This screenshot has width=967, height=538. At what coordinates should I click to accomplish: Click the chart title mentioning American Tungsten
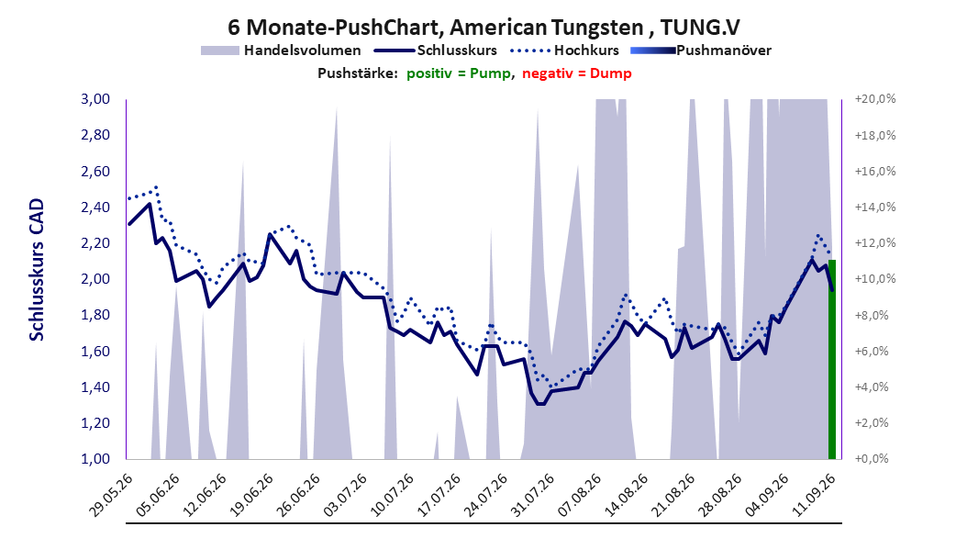(x=483, y=28)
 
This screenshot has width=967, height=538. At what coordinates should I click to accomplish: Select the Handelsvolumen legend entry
(x=281, y=50)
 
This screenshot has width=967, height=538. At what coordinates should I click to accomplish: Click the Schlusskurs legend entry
(x=436, y=50)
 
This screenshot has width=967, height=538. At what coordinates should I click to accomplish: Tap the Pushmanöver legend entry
(x=701, y=50)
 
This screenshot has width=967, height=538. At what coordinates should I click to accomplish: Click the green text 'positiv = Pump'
(x=458, y=73)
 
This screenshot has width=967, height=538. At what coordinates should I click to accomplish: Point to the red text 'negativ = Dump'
(x=577, y=73)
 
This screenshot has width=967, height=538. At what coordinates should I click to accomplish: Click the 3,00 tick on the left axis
(x=95, y=99)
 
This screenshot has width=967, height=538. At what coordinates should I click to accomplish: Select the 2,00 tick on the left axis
(x=95, y=279)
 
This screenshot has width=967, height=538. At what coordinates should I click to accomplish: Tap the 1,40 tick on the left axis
(x=95, y=387)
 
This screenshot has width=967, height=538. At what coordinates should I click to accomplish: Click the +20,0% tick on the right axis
(x=875, y=99)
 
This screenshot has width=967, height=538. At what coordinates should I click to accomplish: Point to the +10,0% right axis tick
(x=875, y=279)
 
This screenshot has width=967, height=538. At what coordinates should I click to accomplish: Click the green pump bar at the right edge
(x=832, y=360)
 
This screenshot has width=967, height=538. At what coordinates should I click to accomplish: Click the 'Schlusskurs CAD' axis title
(x=37, y=270)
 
